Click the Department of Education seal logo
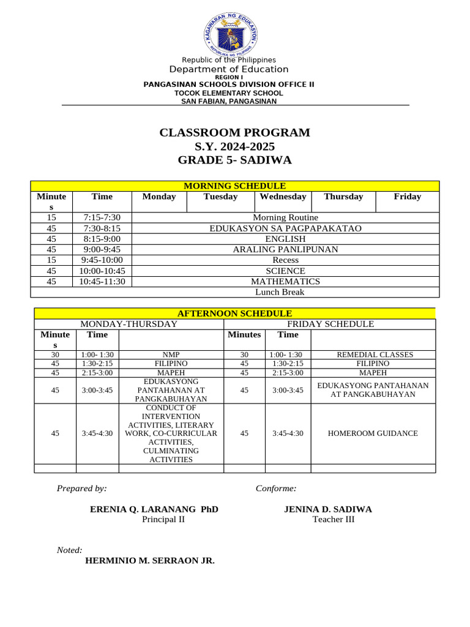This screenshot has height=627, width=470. coord(231,34)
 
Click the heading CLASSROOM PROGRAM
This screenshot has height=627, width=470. coord(235,133)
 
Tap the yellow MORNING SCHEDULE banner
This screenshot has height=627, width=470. coord(235,186)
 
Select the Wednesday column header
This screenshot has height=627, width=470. coord(283,197)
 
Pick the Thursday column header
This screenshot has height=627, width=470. coord(343,197)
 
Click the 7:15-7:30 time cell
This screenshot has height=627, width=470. coord(102,217)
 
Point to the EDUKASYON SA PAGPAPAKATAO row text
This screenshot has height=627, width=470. coord(285,228)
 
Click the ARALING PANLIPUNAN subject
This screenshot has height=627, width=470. coord(285,249)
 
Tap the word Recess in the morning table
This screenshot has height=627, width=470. coord(285,260)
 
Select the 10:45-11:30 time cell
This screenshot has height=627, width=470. coord(102,281)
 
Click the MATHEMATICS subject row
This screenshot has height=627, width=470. coord(285,281)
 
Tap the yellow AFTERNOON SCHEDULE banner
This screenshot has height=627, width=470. coord(234,313)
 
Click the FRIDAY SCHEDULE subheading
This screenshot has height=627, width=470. coord(330,324)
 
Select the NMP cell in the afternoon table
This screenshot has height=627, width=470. coord(171,355)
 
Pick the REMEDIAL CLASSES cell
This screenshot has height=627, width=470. coord(375,355)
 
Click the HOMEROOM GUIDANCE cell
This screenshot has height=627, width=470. coord(373,434)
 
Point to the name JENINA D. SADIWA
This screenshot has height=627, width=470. coord(328,509)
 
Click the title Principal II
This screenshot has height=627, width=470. coord(163,519)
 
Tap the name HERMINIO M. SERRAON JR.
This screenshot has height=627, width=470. coord(150,560)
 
